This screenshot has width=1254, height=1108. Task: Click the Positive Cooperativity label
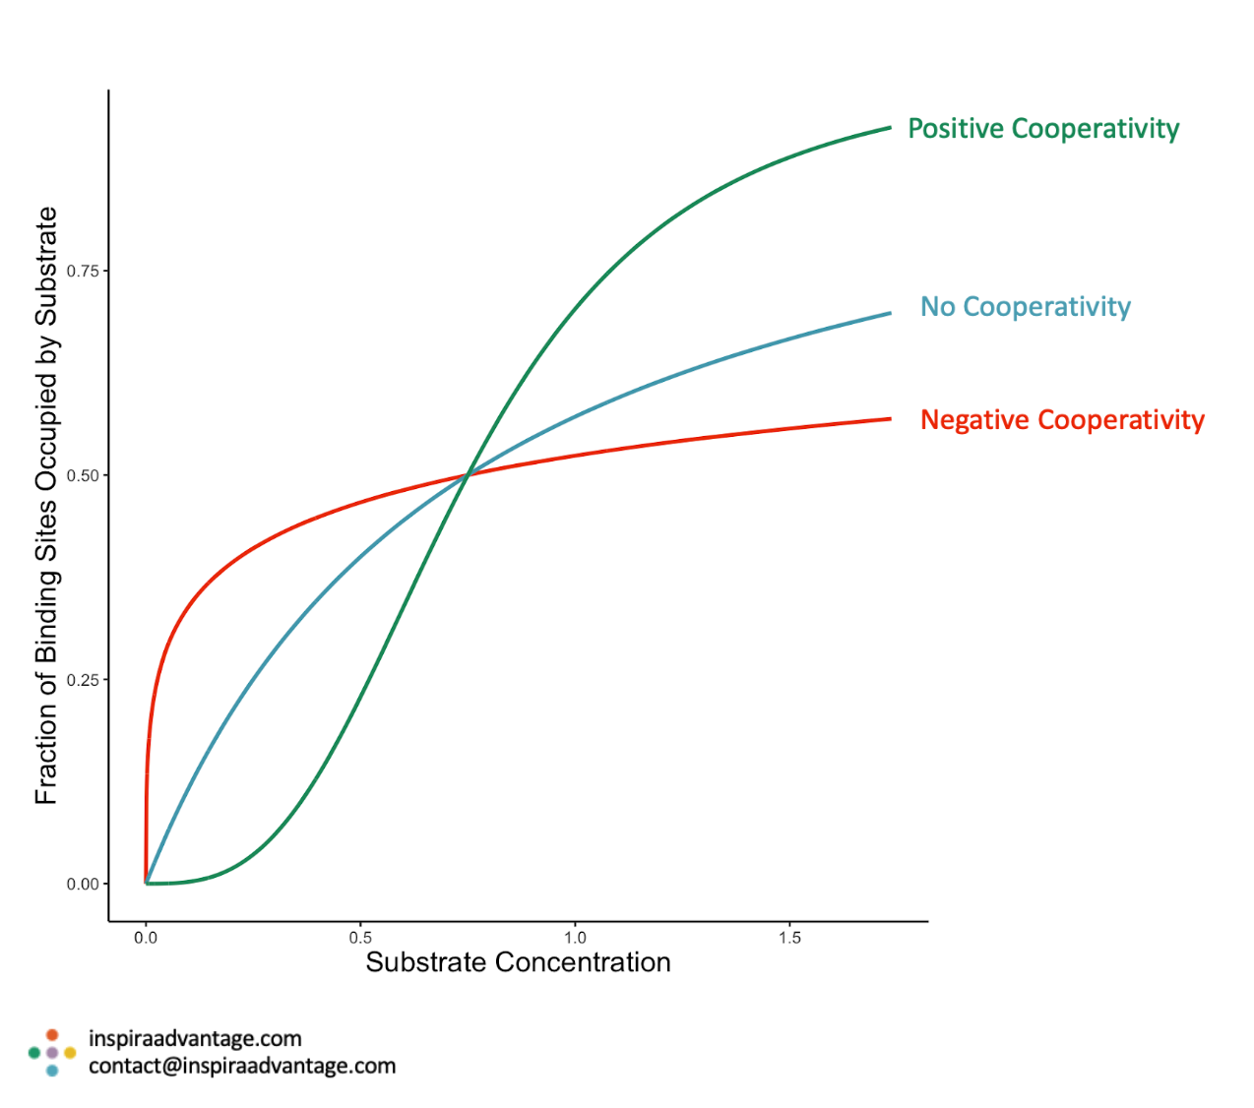click(x=1042, y=129)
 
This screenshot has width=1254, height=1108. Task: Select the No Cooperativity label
click(x=1025, y=307)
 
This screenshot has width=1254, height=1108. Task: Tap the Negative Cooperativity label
click(x=1061, y=420)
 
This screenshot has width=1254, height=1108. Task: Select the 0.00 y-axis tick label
click(x=83, y=884)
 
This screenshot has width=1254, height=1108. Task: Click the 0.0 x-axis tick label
click(x=146, y=938)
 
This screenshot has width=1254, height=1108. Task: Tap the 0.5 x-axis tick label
click(x=360, y=938)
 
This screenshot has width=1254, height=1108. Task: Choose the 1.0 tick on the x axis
click(x=575, y=938)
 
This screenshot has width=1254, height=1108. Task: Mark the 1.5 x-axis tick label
click(x=789, y=938)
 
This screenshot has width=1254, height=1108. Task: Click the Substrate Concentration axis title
click(x=518, y=962)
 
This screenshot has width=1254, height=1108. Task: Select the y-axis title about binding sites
click(x=46, y=506)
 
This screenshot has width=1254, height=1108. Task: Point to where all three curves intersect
click(x=468, y=475)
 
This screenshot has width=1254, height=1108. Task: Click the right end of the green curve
click(x=889, y=128)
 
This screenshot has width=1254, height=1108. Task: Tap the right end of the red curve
click(x=889, y=419)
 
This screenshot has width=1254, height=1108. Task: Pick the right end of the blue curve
click(x=889, y=313)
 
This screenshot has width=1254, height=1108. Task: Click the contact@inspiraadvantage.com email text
click(x=242, y=1066)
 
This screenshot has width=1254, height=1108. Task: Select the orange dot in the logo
click(x=52, y=1035)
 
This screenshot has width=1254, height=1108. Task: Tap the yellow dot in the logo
click(x=70, y=1053)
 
